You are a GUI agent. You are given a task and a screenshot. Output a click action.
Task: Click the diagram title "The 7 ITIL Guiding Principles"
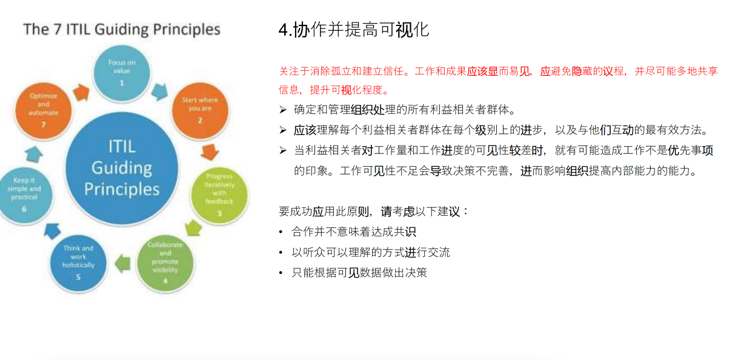pos(121,29)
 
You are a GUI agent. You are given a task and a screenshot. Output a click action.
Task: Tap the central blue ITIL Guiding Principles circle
pos(122,168)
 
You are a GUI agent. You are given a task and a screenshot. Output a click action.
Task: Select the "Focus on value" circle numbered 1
pos(122,72)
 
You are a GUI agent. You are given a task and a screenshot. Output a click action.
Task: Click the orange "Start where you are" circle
pos(199,109)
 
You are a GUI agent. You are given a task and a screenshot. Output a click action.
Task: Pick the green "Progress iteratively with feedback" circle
pos(219,195)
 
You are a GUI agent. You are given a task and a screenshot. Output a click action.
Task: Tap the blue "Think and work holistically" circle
pos(78,262)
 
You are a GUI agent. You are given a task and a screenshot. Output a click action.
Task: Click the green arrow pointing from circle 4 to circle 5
pos(123,262)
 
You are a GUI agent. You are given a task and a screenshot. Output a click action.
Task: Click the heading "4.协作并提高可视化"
pos(354,29)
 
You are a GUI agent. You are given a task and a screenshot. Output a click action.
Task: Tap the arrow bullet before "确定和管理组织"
pos(283,110)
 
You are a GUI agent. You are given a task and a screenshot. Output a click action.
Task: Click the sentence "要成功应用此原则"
pos(374,212)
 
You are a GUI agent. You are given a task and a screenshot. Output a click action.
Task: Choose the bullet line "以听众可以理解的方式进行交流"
pos(371,252)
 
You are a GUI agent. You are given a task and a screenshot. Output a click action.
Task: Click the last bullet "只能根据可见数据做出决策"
pos(359,273)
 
